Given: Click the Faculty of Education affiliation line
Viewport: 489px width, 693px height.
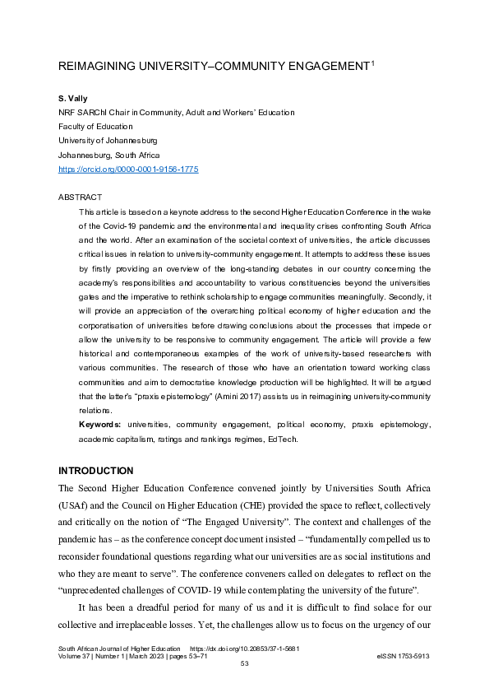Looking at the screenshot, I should (95, 127).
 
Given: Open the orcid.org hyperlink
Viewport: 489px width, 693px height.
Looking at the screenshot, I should (127, 169).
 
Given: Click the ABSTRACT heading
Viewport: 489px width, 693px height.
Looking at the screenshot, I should (80, 198).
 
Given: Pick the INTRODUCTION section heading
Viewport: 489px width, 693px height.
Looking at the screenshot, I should (95, 471).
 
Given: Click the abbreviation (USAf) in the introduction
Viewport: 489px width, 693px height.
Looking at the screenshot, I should (75, 506).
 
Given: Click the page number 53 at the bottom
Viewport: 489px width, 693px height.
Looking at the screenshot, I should (244, 664).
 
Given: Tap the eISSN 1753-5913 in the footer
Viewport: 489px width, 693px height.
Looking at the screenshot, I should (403, 656).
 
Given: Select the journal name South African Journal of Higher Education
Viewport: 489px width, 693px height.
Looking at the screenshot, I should (118, 648).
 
